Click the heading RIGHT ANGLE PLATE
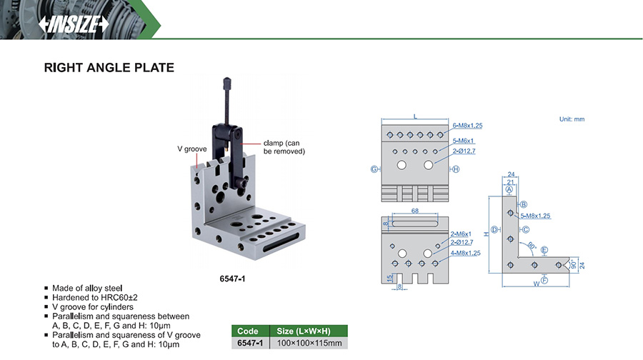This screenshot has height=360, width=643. pyautogui.click(x=109, y=68)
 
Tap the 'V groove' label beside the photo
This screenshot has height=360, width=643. pyautogui.click(x=191, y=149)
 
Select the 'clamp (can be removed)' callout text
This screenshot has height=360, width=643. pyautogui.click(x=284, y=146)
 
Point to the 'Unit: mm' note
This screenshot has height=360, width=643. pyautogui.click(x=572, y=119)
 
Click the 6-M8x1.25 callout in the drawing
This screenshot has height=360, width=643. pyautogui.click(x=468, y=126)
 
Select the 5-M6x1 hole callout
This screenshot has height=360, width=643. pyautogui.click(x=464, y=140)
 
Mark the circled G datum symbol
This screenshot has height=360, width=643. pyautogui.click(x=374, y=169)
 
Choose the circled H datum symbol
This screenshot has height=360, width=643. pyautogui.click(x=456, y=169)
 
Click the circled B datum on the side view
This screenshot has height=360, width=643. pyautogui.click(x=523, y=204)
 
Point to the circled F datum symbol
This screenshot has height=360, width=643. pyautogui.click(x=544, y=281)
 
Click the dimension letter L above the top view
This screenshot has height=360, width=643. pyautogui.click(x=415, y=115)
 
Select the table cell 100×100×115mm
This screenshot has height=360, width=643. pyautogui.click(x=309, y=344)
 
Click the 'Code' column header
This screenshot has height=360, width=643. pyautogui.click(x=248, y=331)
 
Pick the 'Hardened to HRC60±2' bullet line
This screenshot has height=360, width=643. pyautogui.click(x=96, y=297)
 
